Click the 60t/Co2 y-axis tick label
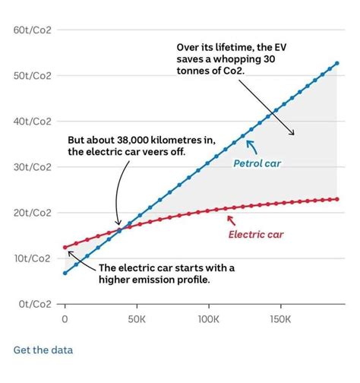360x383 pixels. (x=32, y=30)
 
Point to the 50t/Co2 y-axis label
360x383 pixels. (x=32, y=75)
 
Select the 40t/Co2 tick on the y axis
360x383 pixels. (x=32, y=121)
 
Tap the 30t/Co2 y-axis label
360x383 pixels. (x=32, y=166)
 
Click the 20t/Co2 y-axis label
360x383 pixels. (x=32, y=213)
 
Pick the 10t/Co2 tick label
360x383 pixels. (x=32, y=258)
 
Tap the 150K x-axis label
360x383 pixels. (x=279, y=320)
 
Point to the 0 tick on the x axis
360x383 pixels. (x=65, y=320)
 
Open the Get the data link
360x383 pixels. (x=43, y=350)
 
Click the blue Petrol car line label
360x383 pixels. (x=257, y=163)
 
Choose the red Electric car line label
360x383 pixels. (x=257, y=233)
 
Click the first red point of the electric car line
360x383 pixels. (x=65, y=248)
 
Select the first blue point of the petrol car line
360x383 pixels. (x=65, y=273)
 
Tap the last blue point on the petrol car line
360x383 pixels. (x=336, y=63)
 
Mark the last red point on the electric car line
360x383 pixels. (x=336, y=199)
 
